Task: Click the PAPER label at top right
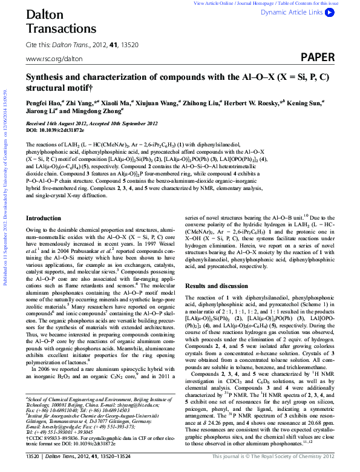pyautogui.click(x=318, y=58)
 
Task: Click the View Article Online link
pyautogui.click(x=213, y=3)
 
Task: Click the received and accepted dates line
pyautogui.click(x=91, y=123)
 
